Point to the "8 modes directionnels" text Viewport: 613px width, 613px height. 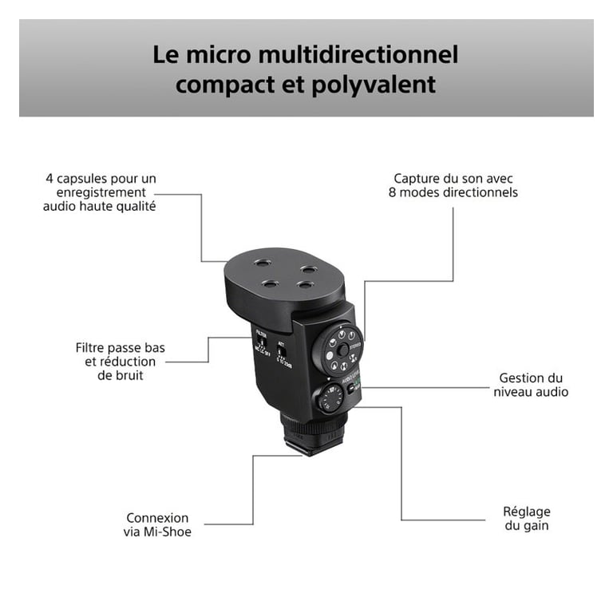coord(453,192)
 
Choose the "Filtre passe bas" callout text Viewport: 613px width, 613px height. coord(121,348)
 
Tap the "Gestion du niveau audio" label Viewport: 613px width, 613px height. coord(531,385)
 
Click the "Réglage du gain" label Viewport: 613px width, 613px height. coord(526,519)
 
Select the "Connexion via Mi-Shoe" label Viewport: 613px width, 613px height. coord(158,524)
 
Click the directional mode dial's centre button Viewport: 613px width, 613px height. coord(341,348)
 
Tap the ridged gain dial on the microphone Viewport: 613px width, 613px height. coord(330,397)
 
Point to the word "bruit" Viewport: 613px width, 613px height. coord(125,375)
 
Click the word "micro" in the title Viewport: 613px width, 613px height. coord(228,55)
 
